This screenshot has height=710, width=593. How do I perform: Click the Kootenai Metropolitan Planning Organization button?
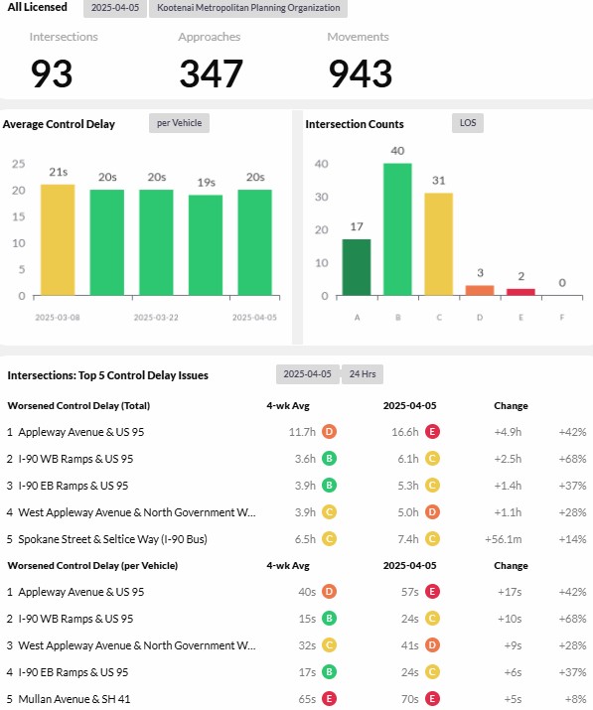[x=248, y=8]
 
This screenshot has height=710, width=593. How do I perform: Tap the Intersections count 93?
[x=52, y=73]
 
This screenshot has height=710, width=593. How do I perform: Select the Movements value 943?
[x=361, y=73]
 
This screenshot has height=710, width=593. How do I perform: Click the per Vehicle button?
[x=180, y=123]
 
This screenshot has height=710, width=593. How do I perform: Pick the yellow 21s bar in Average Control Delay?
[x=58, y=240]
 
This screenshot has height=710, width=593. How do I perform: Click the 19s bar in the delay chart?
[x=206, y=245]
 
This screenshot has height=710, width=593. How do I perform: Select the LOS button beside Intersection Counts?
[x=468, y=123]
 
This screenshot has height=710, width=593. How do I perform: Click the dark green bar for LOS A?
[x=357, y=267]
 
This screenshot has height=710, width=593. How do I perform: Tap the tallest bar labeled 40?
[x=397, y=229]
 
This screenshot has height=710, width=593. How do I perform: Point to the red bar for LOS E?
[x=520, y=293]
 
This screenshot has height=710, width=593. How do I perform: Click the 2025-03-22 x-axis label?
[x=156, y=318]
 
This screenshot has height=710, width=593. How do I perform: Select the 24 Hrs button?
[x=363, y=374]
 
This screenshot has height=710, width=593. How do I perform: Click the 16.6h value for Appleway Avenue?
[x=405, y=432]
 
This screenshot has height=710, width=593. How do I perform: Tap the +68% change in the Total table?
[x=572, y=459]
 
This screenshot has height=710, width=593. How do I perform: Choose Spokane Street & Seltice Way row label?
[x=113, y=539]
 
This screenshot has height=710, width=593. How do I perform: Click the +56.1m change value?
[x=504, y=539]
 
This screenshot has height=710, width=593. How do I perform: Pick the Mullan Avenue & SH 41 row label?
[x=74, y=699]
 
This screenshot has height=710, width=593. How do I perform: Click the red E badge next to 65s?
[x=330, y=699]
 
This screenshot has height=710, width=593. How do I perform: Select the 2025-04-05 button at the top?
[x=115, y=8]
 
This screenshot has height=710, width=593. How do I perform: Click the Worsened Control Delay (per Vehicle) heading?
[x=92, y=566]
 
